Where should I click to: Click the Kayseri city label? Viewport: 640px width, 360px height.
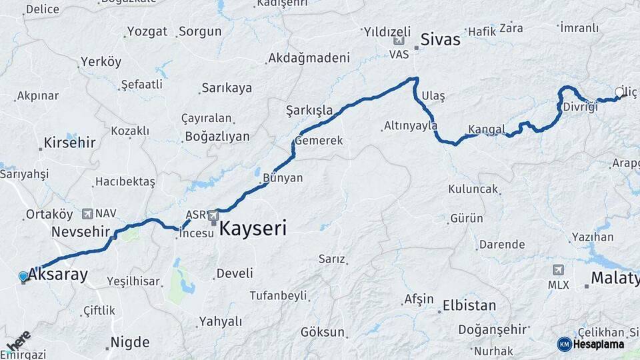pos(253,229)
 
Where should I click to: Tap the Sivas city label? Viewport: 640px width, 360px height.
pos(440,39)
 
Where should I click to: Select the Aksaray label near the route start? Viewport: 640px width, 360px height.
pos(58,274)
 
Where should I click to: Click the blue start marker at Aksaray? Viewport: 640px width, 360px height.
pos(23,276)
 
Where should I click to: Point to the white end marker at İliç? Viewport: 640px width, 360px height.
pos(619,93)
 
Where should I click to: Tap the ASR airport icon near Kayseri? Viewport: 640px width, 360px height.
pos(213,215)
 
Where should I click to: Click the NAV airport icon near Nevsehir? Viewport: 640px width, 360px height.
pos(87,213)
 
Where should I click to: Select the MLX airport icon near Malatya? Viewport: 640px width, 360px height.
pos(558,270)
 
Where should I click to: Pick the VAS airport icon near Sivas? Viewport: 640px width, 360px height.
pos(399,41)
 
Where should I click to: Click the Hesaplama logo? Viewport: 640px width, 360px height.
pos(591,344)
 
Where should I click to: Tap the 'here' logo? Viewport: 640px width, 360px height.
pos(18,342)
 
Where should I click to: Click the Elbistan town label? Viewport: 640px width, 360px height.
pos(469,305)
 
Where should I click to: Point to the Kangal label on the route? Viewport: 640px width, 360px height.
pos(486,129)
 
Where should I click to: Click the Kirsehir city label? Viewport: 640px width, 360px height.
pos(69,143)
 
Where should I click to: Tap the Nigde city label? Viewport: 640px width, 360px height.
pos(129,343)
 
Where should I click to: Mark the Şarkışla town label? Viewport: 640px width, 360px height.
pos(309,109)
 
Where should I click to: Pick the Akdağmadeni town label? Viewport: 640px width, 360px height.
pos(309,58)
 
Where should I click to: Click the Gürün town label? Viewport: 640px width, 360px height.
pos(467,218)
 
